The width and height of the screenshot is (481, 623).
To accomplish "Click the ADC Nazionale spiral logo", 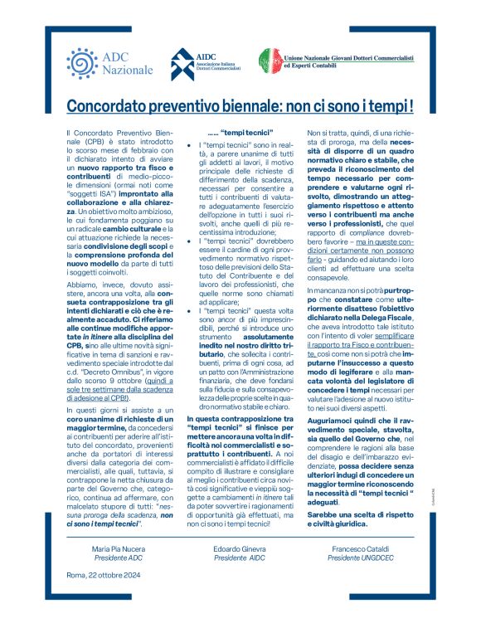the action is tap(80, 63).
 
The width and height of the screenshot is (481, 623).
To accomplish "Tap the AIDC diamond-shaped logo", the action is tap(183, 63).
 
